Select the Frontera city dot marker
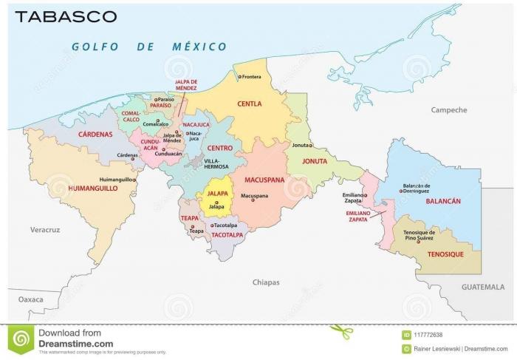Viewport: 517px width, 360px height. tap(239, 76)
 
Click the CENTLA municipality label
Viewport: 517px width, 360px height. tap(249, 104)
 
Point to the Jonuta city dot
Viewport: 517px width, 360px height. tap(310, 146)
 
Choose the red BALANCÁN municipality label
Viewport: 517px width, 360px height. tap(443, 201)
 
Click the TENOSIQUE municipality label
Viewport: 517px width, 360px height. tap(445, 254)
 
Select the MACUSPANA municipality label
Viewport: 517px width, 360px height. tap(259, 178)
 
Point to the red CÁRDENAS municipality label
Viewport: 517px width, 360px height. tap(95, 135)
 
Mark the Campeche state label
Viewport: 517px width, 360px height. tap(449, 110)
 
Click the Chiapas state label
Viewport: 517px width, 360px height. tap(267, 282)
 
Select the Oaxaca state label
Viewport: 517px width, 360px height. tap(30, 299)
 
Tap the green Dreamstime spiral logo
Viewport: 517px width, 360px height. tap(22, 339)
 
